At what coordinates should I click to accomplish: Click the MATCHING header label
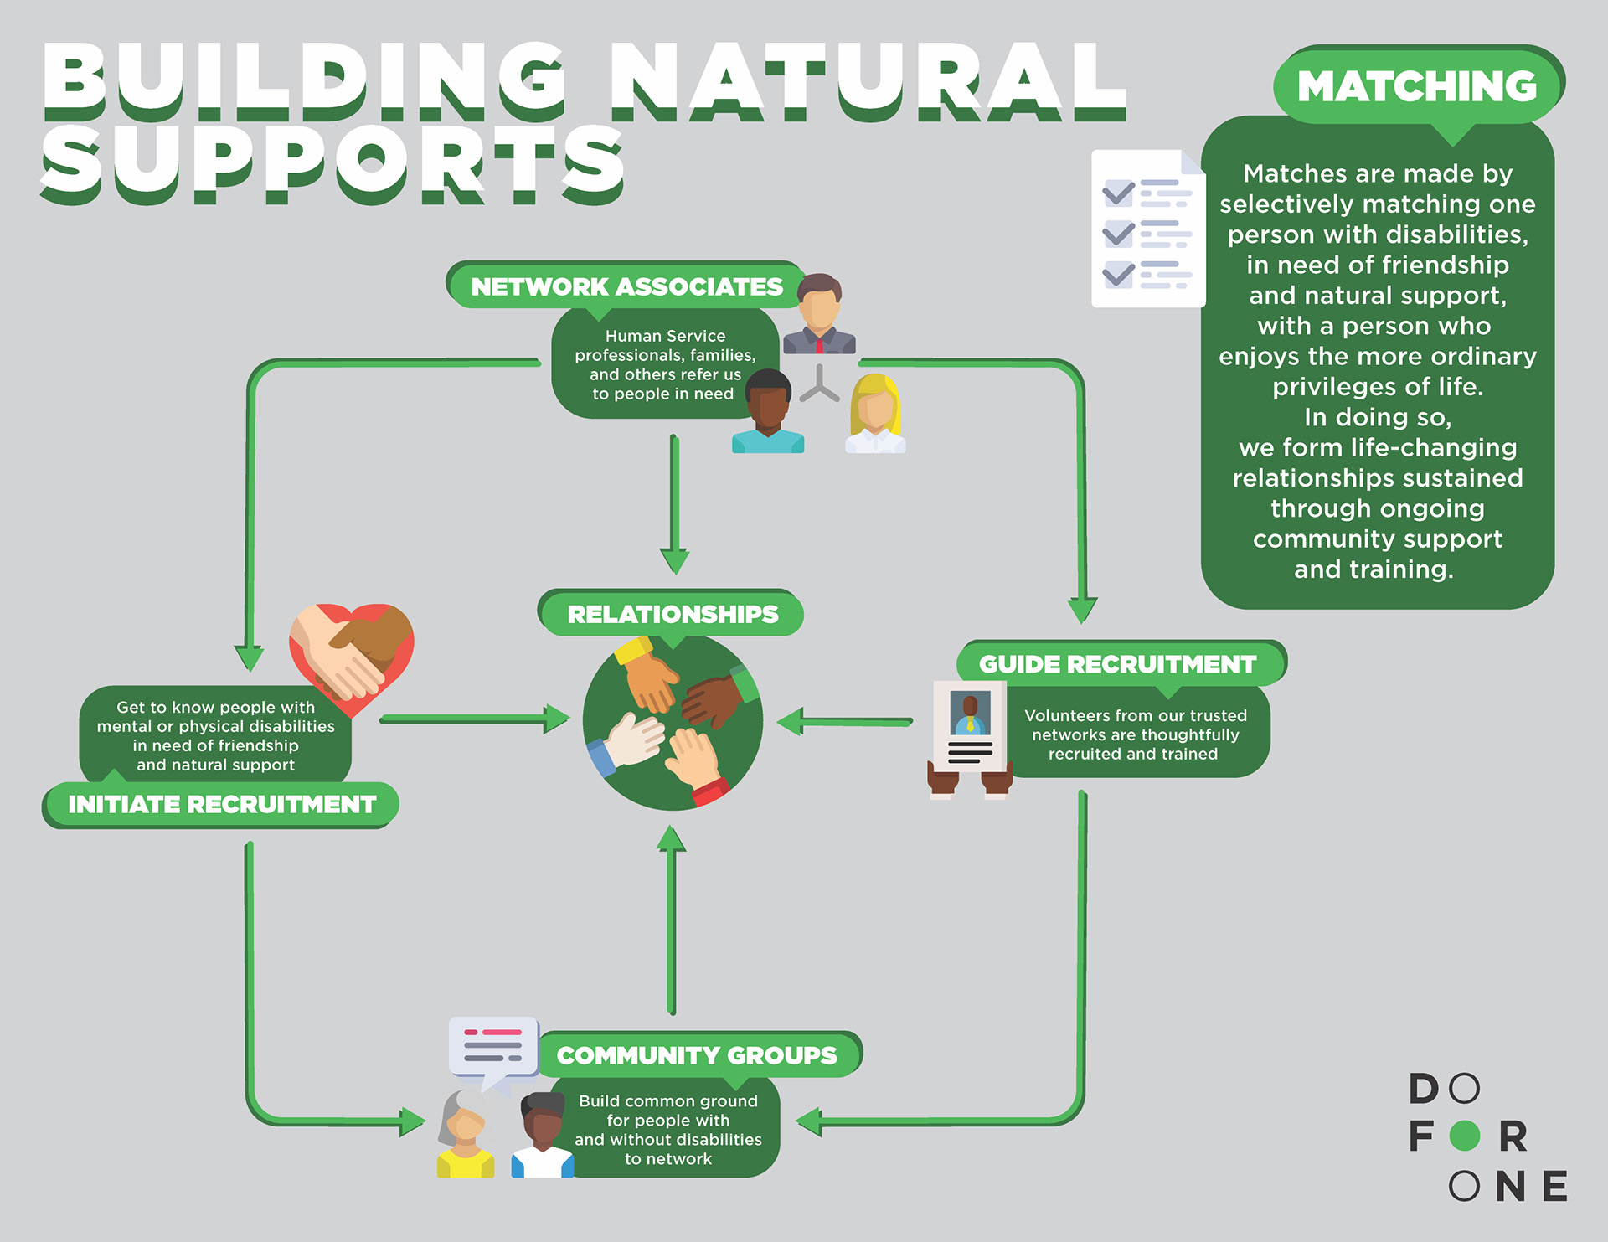coord(1417,86)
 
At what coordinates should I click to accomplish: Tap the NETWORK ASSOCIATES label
coord(626,286)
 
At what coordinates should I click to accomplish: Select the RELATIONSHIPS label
coord(673,614)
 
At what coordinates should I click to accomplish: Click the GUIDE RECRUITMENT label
coord(1118,664)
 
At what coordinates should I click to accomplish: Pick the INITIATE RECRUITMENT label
coord(222,804)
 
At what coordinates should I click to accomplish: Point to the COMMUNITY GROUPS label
coord(697,1055)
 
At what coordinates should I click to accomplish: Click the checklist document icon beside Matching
coord(1148,229)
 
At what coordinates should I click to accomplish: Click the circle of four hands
coord(673,722)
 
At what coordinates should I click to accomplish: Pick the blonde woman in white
coord(875,414)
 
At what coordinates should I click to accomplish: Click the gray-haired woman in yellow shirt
coord(466,1134)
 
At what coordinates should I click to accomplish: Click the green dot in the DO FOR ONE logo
coord(1465,1136)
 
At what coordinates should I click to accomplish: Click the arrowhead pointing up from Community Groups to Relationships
coord(671,838)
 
